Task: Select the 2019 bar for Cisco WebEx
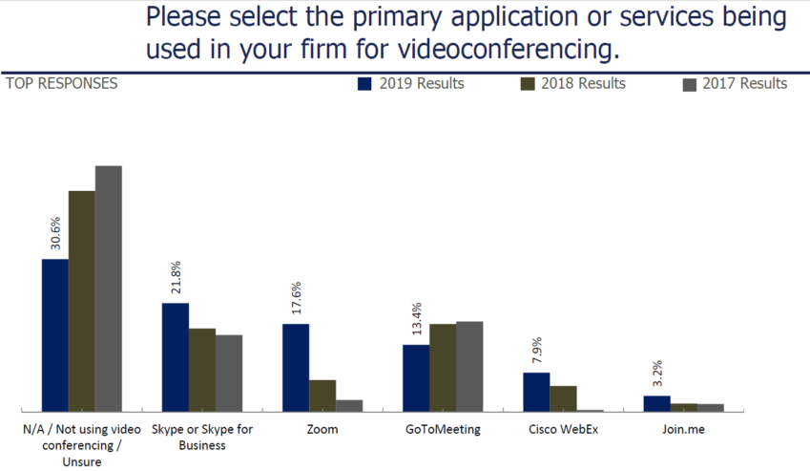point(536,392)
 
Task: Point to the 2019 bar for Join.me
point(657,403)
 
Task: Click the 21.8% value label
point(176,277)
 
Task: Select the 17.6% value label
point(296,299)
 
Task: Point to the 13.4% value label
point(416,319)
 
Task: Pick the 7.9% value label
point(536,350)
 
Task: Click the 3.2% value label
point(657,375)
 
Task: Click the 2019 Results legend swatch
point(364,84)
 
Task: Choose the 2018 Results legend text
point(583,84)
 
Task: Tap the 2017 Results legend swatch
point(689,84)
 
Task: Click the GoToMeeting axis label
point(443,430)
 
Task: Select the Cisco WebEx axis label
point(563,430)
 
